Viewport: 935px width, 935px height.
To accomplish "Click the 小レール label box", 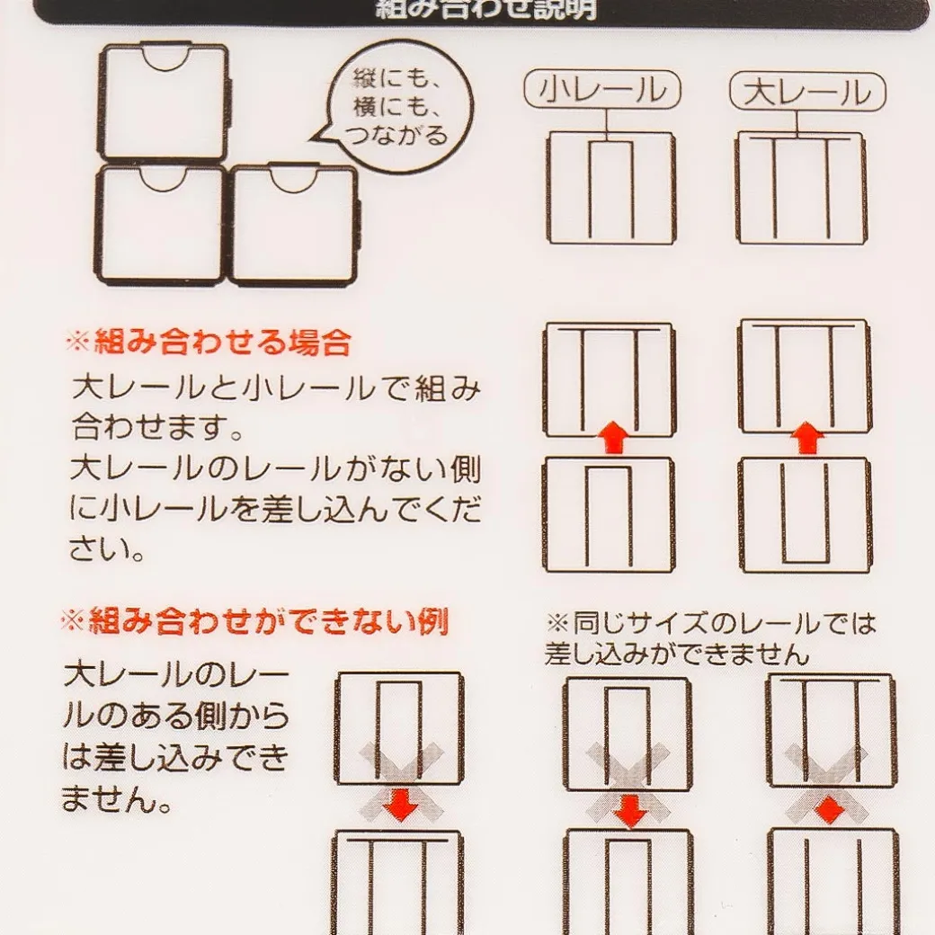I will pyautogui.click(x=602, y=91).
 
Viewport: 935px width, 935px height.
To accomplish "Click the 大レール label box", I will pyautogui.click(x=806, y=92).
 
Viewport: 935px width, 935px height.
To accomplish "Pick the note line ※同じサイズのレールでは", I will pyautogui.click(x=710, y=623).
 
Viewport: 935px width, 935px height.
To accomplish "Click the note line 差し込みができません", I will pyautogui.click(x=677, y=654).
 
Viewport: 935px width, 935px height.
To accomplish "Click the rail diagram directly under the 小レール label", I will pyautogui.click(x=610, y=187).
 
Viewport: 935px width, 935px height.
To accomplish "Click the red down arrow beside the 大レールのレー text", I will pyautogui.click(x=399, y=806).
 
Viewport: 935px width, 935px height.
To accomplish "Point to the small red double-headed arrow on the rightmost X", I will pyautogui.click(x=829, y=806).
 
